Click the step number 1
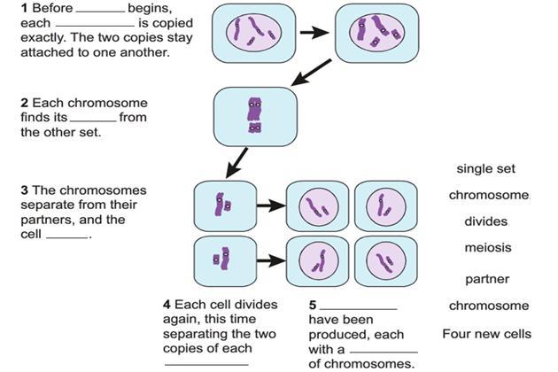24,8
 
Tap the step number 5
312,305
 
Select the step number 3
24,190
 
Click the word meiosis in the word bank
488,249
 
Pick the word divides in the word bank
485,221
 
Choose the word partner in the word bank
487,280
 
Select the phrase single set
486,168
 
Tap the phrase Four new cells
487,334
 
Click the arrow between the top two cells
313,33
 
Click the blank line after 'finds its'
92,120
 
